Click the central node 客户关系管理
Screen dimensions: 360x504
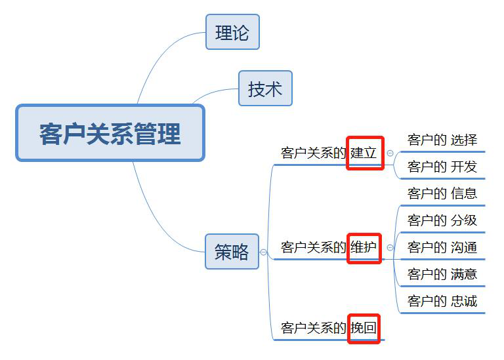[x=110, y=133]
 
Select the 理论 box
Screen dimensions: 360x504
[x=232, y=32]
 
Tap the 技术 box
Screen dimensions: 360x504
[x=265, y=89]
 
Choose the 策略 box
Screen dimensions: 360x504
[x=232, y=251]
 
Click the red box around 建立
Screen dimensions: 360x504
[x=365, y=153]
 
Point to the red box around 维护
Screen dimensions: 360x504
[x=364, y=247]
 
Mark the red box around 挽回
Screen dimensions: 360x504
[x=364, y=327]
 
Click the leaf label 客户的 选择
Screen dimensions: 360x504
[x=442, y=140]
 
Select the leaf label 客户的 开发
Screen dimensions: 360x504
[x=442, y=167]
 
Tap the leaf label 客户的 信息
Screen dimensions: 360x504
[x=442, y=193]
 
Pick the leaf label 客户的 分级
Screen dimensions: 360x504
[x=442, y=220]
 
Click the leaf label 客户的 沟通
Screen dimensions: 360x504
[x=442, y=247]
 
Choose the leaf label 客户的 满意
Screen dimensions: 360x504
[x=442, y=274]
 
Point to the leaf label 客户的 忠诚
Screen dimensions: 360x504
[x=442, y=301]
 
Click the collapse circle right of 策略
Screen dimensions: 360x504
[x=263, y=252]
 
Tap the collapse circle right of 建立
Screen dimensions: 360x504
[x=390, y=153]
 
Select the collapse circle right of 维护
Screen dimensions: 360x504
[x=390, y=248]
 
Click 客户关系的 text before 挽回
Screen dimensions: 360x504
[x=313, y=328]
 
